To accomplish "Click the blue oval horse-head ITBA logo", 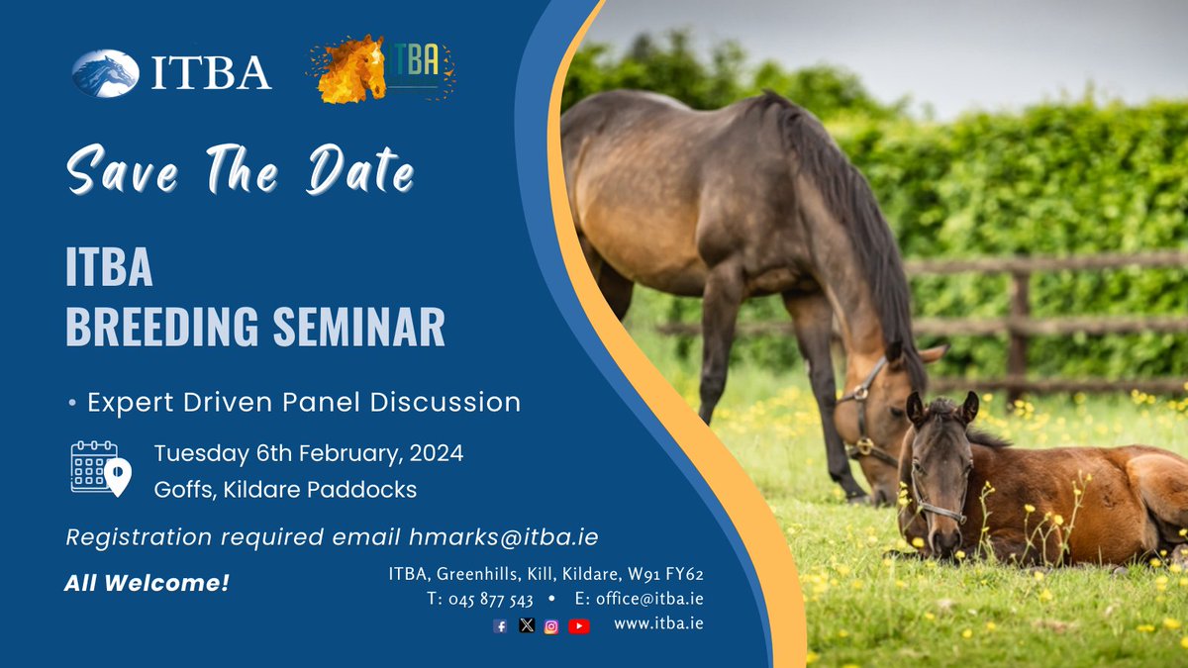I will (105, 74).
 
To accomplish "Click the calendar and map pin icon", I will (100, 468).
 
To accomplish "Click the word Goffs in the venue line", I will (182, 489).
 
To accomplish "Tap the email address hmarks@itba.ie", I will (503, 537).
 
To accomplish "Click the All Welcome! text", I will (147, 584).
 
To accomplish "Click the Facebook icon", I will (500, 625).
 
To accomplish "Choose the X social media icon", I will (526, 625).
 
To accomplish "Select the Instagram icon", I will (551, 625).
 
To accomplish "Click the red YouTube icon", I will (579, 625).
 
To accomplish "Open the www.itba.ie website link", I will (658, 624).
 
